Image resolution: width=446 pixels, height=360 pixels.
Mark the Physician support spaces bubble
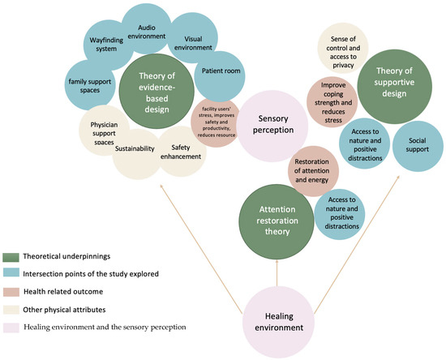(x=105, y=131)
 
